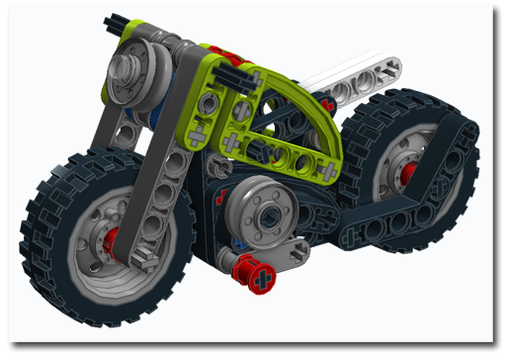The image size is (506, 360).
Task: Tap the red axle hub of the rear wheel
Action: coord(407,175)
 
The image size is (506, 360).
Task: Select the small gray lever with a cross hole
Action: coord(287,252)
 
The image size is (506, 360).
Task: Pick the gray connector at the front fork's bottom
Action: coord(143,259)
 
